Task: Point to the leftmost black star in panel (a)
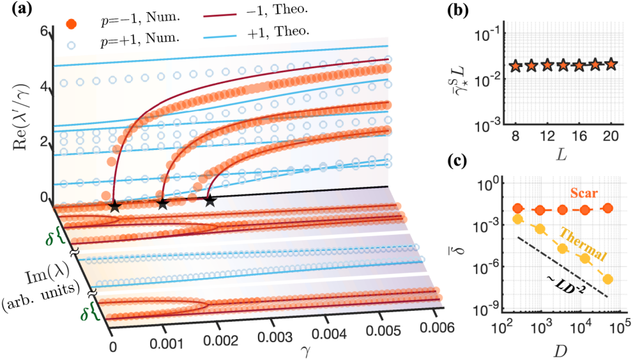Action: coord(114,206)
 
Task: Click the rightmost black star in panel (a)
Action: coord(210,201)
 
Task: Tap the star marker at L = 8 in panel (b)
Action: coord(515,65)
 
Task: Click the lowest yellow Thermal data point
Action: coord(608,279)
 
